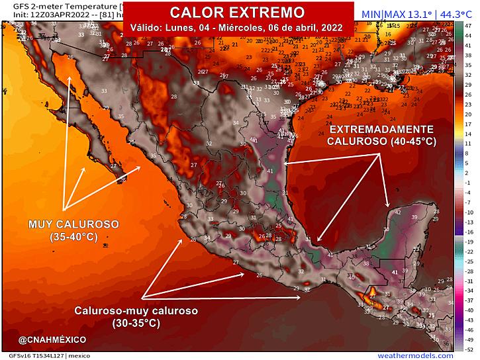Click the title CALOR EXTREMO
point(238,13)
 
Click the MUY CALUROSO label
point(73,225)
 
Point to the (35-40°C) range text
point(73,237)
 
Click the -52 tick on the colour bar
point(468,348)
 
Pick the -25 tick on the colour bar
point(468,261)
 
